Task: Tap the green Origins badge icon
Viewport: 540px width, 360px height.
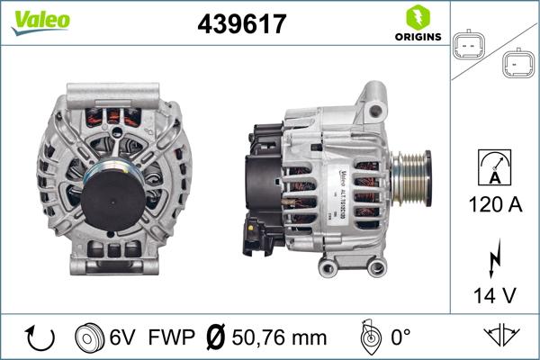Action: click(417, 16)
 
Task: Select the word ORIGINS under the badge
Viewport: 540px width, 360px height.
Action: click(417, 37)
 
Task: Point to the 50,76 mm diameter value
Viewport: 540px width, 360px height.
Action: click(274, 337)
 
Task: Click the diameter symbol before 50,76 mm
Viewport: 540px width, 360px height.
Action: click(215, 337)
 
